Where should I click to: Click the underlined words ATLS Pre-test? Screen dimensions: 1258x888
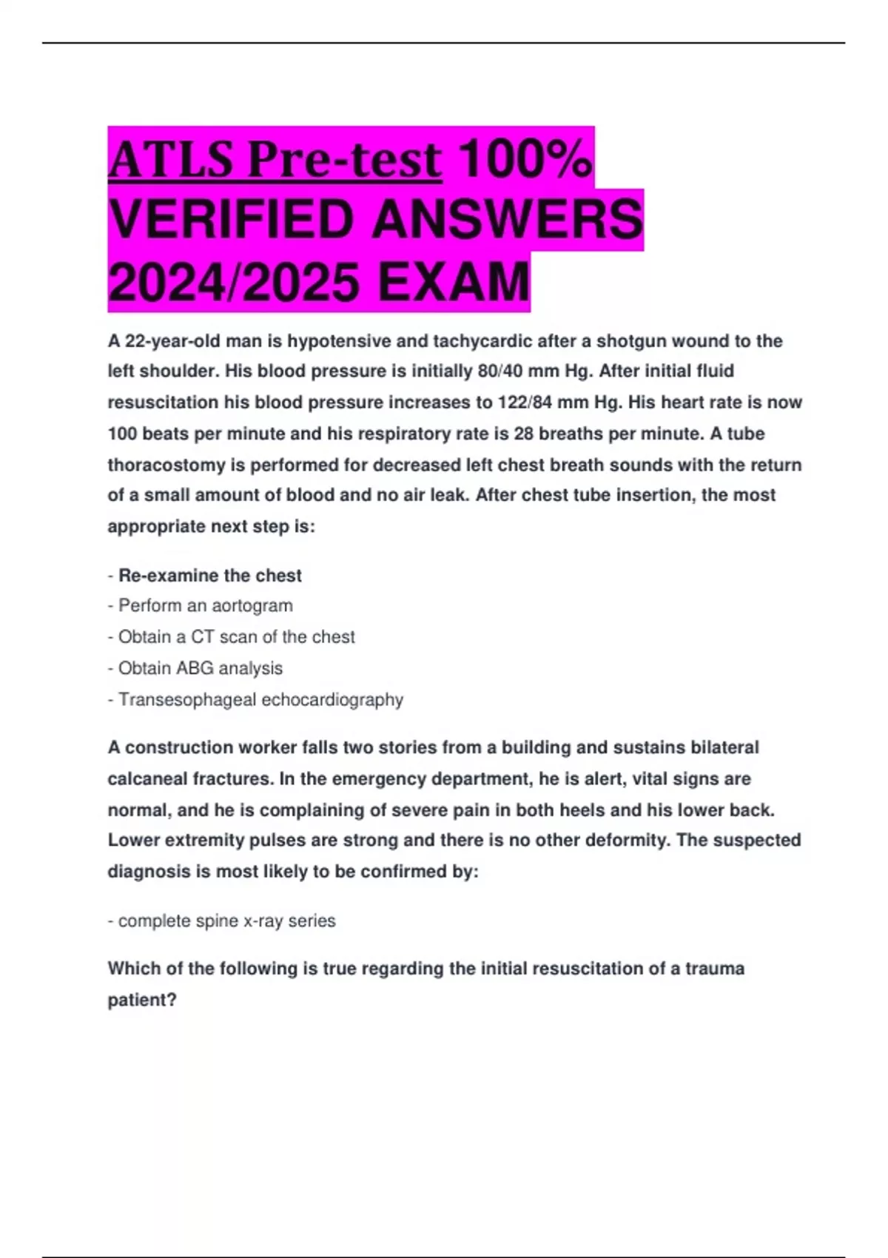coord(275,160)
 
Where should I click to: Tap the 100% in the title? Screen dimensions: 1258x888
coord(525,158)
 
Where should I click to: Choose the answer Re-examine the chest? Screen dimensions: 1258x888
coord(210,576)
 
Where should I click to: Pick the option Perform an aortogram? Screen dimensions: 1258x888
coord(205,606)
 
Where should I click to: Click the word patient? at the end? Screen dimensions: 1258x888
coord(142,1000)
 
